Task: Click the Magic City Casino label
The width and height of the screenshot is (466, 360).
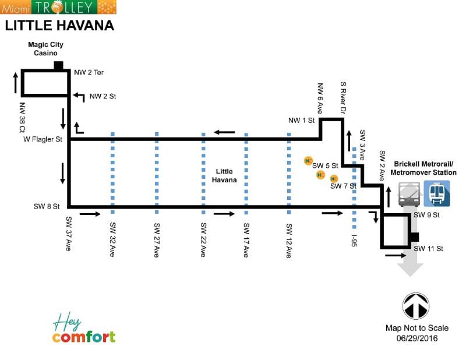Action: [x=45, y=49]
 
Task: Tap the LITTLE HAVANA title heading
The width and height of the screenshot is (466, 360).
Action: [x=59, y=26]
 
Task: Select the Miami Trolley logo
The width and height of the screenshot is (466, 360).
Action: [x=58, y=7]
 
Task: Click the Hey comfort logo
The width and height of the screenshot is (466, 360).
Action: [x=83, y=329]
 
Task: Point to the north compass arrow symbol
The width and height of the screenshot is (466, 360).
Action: [x=416, y=306]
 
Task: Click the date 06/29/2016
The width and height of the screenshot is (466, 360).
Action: [x=417, y=338]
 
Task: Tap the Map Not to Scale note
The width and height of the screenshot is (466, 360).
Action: [x=417, y=329]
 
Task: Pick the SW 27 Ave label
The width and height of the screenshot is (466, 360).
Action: [x=157, y=239]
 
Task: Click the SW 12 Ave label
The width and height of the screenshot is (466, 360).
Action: [x=289, y=239]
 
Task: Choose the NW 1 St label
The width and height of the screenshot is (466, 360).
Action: [x=301, y=121]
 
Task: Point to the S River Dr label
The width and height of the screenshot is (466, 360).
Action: [x=343, y=97]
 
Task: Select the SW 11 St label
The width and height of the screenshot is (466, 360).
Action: [x=429, y=249]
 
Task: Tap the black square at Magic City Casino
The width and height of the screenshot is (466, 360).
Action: [x=58, y=65]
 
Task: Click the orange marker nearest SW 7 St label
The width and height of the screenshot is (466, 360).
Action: [x=334, y=178]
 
